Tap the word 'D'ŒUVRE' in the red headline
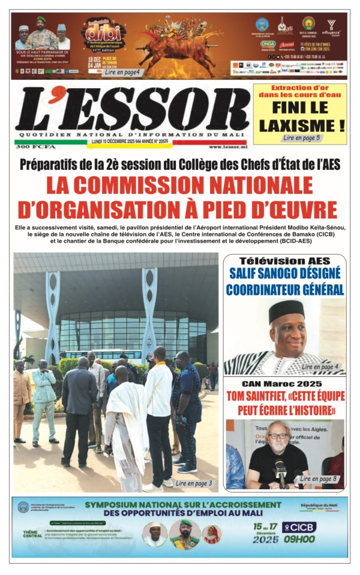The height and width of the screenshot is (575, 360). click(286, 210)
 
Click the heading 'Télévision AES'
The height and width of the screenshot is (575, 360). click(284, 261)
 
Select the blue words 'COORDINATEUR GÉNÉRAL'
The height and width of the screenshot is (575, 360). click(284, 289)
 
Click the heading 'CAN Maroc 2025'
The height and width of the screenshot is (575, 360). click(284, 384)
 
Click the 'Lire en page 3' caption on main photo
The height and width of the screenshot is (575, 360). click(194, 483)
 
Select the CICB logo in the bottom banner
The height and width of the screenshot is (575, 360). click(299, 527)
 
